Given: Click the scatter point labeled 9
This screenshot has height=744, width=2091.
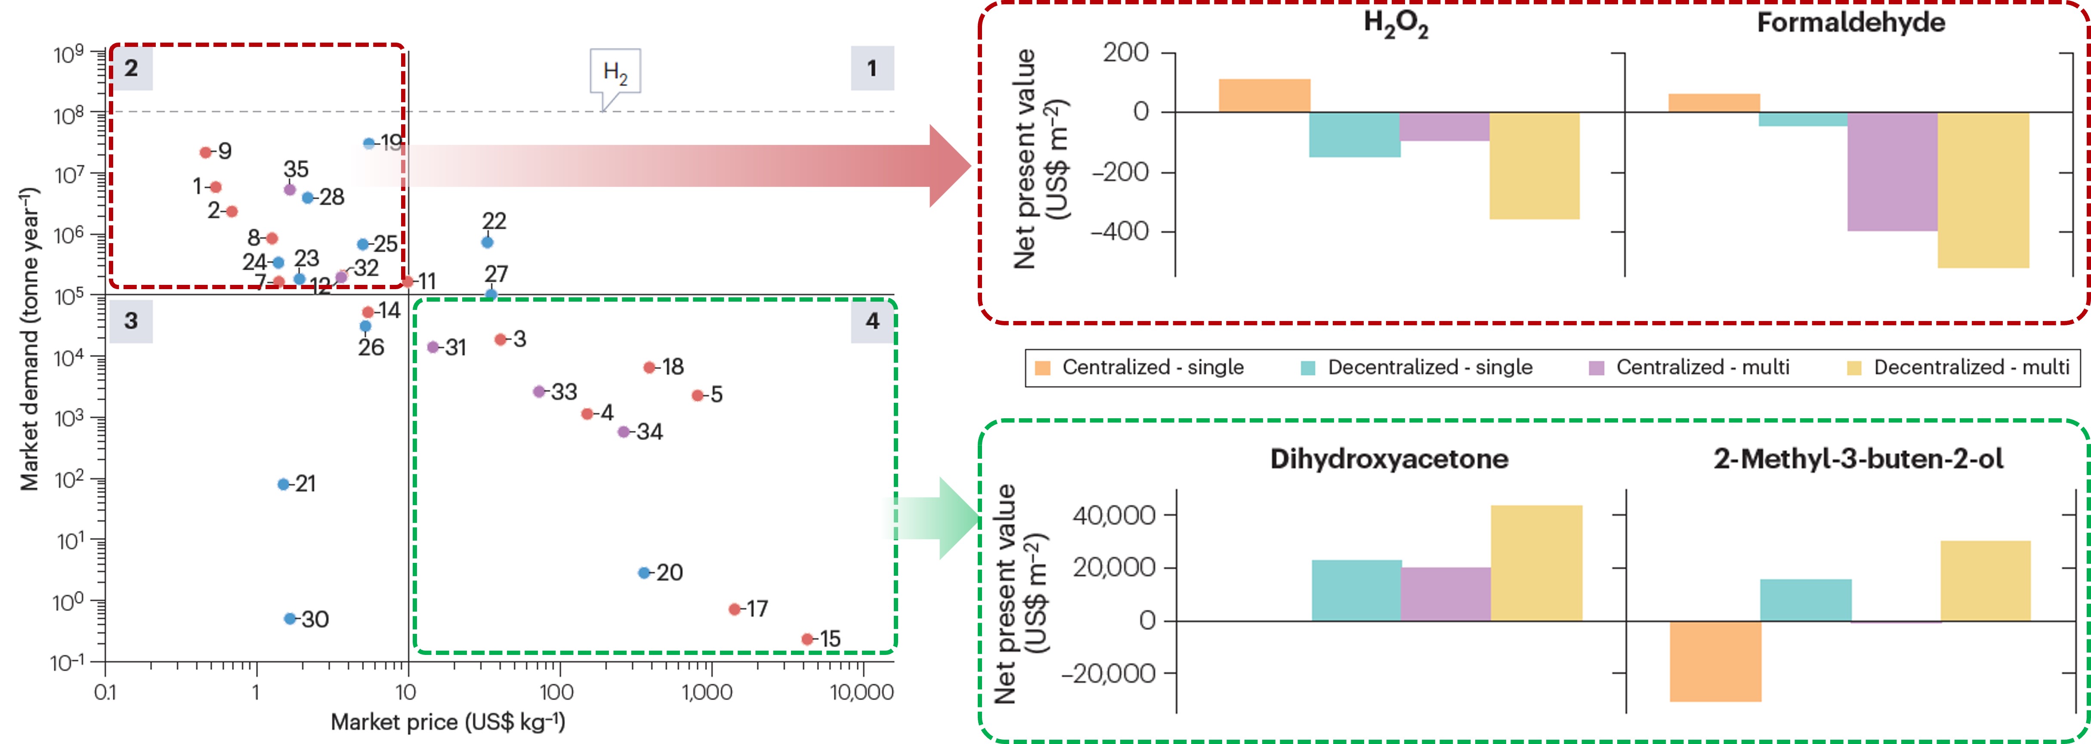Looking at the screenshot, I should (205, 152).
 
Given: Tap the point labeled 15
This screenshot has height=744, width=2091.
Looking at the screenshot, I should (807, 639).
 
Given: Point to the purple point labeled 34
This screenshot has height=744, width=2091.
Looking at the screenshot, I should (624, 432).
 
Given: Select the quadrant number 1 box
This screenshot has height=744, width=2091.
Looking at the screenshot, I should (872, 68).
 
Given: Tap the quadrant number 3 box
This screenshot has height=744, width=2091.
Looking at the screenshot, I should (131, 321).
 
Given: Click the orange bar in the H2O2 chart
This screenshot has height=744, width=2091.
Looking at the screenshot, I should (1264, 96).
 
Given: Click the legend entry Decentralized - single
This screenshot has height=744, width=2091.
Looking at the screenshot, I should (1429, 367).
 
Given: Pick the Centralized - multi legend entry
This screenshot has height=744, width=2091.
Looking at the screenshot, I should (1702, 367).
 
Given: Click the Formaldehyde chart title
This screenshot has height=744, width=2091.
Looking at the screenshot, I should (1851, 23).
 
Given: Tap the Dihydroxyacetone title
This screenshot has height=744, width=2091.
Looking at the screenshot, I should (1389, 459).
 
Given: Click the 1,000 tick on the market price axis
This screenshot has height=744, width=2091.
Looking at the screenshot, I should (707, 692).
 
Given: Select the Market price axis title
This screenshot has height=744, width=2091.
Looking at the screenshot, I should (447, 721).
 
